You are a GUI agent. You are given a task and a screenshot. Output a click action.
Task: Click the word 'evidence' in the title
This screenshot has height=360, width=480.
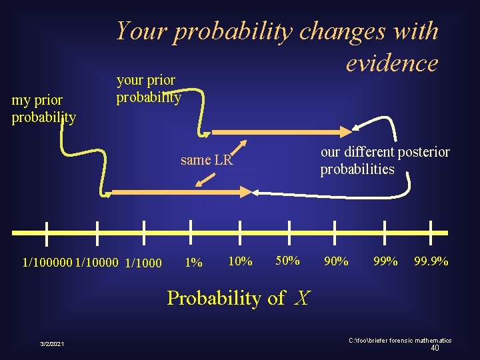[391, 63]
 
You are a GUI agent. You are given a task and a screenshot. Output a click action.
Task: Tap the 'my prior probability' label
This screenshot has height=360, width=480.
[43, 109]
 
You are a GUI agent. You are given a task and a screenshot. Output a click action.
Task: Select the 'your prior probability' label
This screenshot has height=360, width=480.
[148, 89]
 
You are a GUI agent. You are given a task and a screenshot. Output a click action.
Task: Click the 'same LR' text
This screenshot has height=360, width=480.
[206, 160]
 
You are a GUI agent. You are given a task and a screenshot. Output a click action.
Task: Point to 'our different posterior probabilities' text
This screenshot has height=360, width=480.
[385, 161]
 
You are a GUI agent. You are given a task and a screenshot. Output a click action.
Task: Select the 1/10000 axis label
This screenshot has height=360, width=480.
[97, 263]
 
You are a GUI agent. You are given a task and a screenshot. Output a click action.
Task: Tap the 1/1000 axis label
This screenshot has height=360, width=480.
[143, 263]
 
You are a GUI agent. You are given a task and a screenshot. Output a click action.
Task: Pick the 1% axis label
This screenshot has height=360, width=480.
[193, 263]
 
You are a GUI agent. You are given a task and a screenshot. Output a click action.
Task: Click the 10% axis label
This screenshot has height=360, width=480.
[240, 261]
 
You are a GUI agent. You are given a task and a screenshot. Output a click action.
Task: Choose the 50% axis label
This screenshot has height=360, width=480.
[287, 260]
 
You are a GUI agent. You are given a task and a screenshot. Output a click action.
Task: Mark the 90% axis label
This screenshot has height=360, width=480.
[335, 261]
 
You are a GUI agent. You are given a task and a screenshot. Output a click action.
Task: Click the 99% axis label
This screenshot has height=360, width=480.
[385, 261]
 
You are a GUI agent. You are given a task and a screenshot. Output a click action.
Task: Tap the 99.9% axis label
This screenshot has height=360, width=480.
[431, 261]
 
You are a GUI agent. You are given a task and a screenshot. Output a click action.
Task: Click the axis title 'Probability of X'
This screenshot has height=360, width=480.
[238, 297]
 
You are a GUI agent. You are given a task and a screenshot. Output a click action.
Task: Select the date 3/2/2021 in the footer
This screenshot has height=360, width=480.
[52, 343]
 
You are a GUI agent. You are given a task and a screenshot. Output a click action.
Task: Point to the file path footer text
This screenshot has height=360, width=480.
[400, 340]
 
